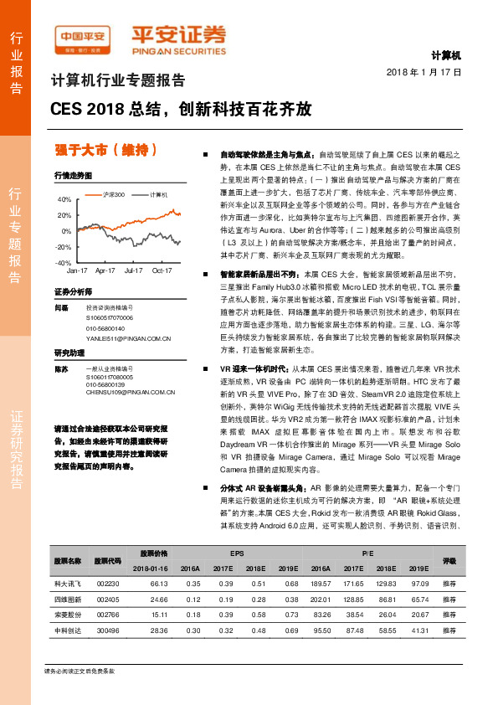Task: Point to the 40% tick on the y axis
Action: (64, 200)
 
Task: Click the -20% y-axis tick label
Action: (64, 247)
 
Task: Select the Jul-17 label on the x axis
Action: (133, 271)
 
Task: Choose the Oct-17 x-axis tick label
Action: (162, 271)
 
